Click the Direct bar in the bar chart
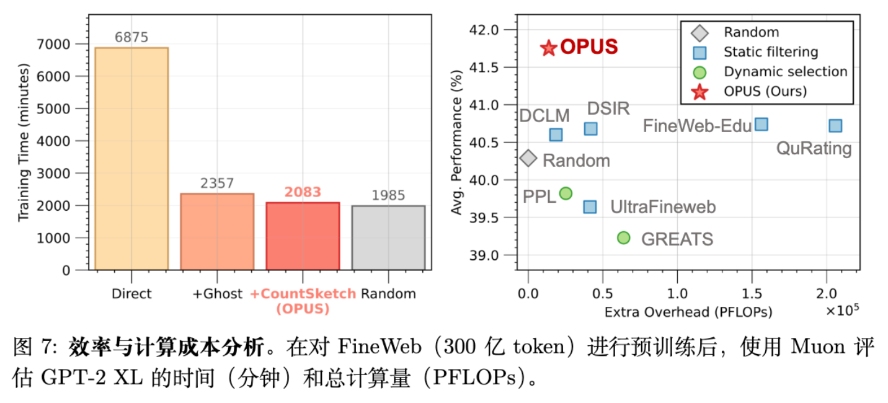point(131,159)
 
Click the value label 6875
point(131,38)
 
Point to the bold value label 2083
point(303,192)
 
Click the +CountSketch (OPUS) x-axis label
point(303,301)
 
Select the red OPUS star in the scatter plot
point(548,48)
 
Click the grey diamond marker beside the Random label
point(528,158)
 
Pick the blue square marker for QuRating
point(835,126)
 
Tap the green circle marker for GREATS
point(624,237)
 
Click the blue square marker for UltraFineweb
point(590,206)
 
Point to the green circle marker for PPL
point(566,193)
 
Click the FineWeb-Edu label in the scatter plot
point(696,126)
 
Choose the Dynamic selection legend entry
point(785,71)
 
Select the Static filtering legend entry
point(771,51)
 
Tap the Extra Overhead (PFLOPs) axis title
point(688,312)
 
